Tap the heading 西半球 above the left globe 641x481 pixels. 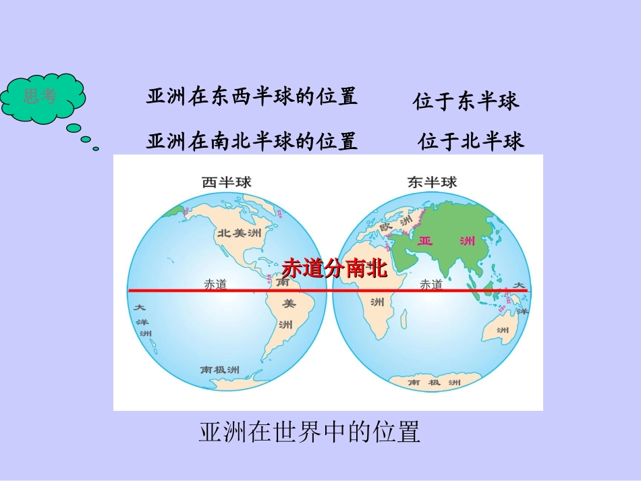pos(225,182)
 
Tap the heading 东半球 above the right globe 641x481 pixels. pos(432,182)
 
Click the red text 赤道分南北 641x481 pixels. pos(335,268)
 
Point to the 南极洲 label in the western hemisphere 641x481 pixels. pos(220,370)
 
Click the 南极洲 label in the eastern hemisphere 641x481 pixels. pos(435,383)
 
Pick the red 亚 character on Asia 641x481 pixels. pos(426,241)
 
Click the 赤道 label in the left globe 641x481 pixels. pos(216,284)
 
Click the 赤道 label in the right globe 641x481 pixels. pos(431,284)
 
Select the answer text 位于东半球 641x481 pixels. pos(466,101)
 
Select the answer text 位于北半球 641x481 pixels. pos(470,142)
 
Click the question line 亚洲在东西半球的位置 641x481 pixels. pos(252,96)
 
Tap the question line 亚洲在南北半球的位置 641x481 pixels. pos(252,142)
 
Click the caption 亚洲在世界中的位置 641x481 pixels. pos(310,432)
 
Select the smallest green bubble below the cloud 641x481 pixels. pos(96,148)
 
